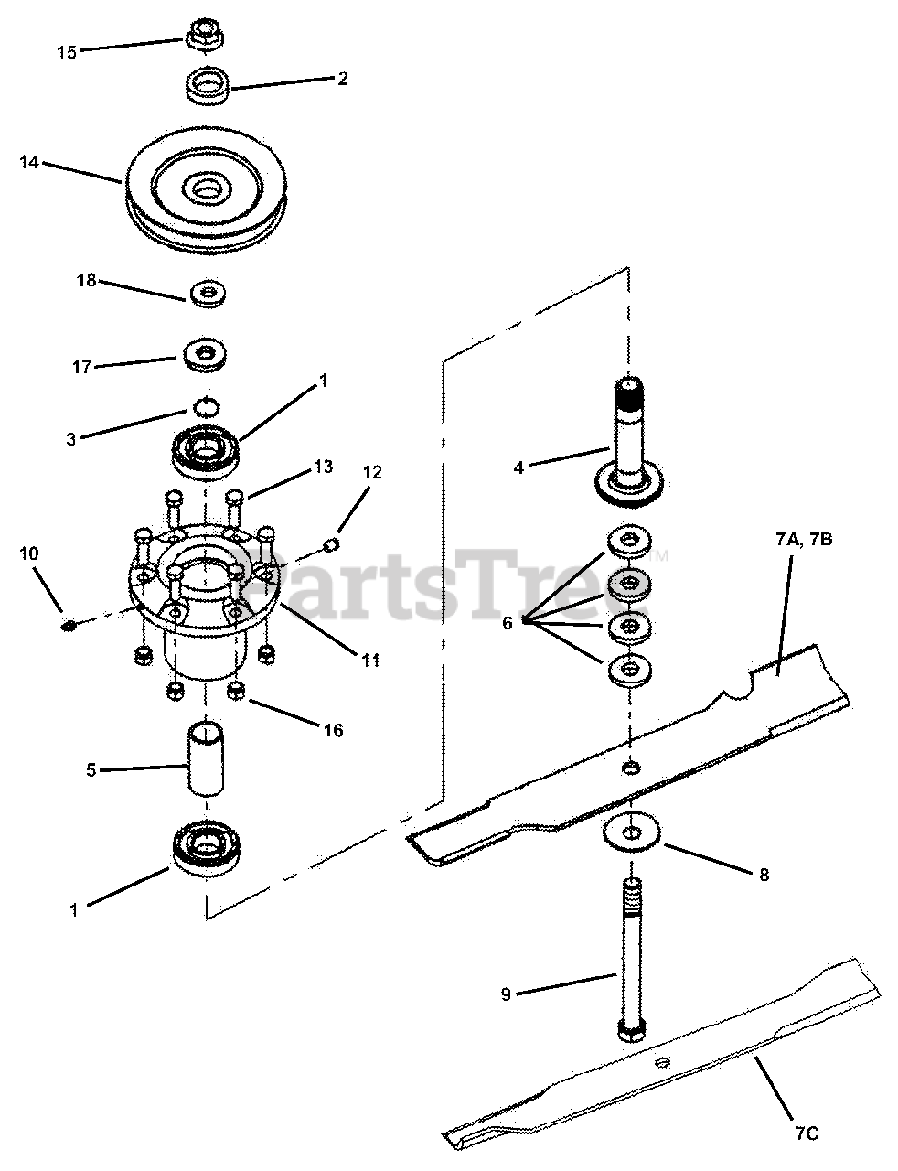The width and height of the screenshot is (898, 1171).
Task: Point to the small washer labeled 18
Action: (207, 294)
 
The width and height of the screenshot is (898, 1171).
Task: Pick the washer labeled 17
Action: (205, 354)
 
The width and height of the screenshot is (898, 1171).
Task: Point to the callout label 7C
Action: (805, 1133)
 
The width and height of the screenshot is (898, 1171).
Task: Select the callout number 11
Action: (369, 659)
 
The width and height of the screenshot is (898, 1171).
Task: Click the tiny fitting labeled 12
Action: (333, 545)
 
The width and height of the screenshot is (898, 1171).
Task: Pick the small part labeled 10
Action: (68, 626)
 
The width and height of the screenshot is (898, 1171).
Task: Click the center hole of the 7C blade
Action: (662, 1062)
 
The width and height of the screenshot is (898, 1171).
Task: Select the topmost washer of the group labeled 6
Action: (628, 541)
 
